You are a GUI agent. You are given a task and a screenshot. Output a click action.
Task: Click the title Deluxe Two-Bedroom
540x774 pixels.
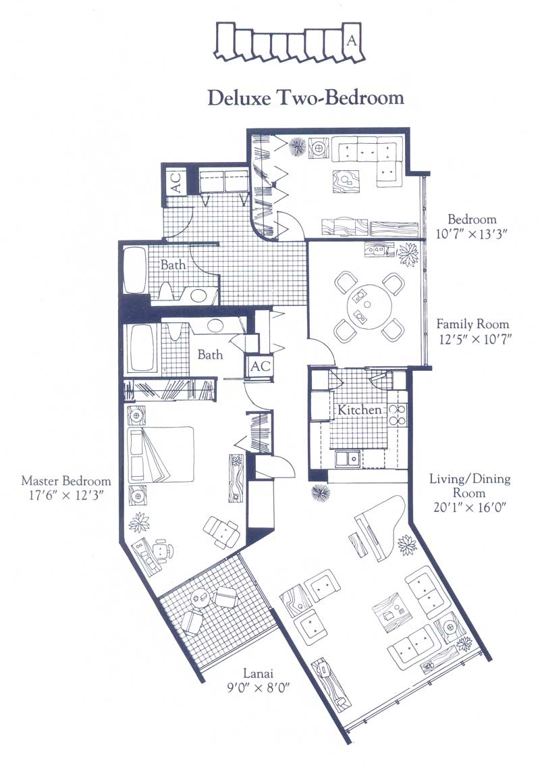pos(306,97)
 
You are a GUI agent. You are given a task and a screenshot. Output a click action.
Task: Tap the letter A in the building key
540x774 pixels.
pos(352,39)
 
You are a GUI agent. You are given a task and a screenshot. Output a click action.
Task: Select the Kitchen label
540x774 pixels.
pos(360,410)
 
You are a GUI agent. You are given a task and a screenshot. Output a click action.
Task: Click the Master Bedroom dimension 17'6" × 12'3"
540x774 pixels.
pos(65,495)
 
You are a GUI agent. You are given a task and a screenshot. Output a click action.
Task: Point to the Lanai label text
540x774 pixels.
pos(258,673)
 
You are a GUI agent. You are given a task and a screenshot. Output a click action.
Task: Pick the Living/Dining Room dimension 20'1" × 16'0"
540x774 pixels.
pos(470,507)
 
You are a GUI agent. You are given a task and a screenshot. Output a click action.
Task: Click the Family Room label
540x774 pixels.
pos(473,324)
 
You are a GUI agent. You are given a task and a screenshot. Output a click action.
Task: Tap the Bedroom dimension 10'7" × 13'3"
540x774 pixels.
pos(471,233)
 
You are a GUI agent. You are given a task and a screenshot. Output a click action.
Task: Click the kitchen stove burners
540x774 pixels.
pos(397,415)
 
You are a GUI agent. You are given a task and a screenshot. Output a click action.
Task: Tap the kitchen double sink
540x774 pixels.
pos(348,459)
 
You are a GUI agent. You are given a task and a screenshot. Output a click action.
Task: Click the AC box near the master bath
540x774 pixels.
pos(260,366)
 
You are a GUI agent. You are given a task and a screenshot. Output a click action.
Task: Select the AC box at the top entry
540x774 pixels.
pos(176,182)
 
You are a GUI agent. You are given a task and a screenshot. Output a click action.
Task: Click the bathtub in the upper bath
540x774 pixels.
pos(134,271)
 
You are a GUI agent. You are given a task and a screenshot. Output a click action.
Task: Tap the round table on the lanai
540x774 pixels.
pos(200,598)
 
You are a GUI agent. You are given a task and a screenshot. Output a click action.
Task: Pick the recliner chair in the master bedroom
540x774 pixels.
pos(222,532)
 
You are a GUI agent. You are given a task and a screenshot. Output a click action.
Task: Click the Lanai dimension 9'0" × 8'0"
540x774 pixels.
pos(257,687)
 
